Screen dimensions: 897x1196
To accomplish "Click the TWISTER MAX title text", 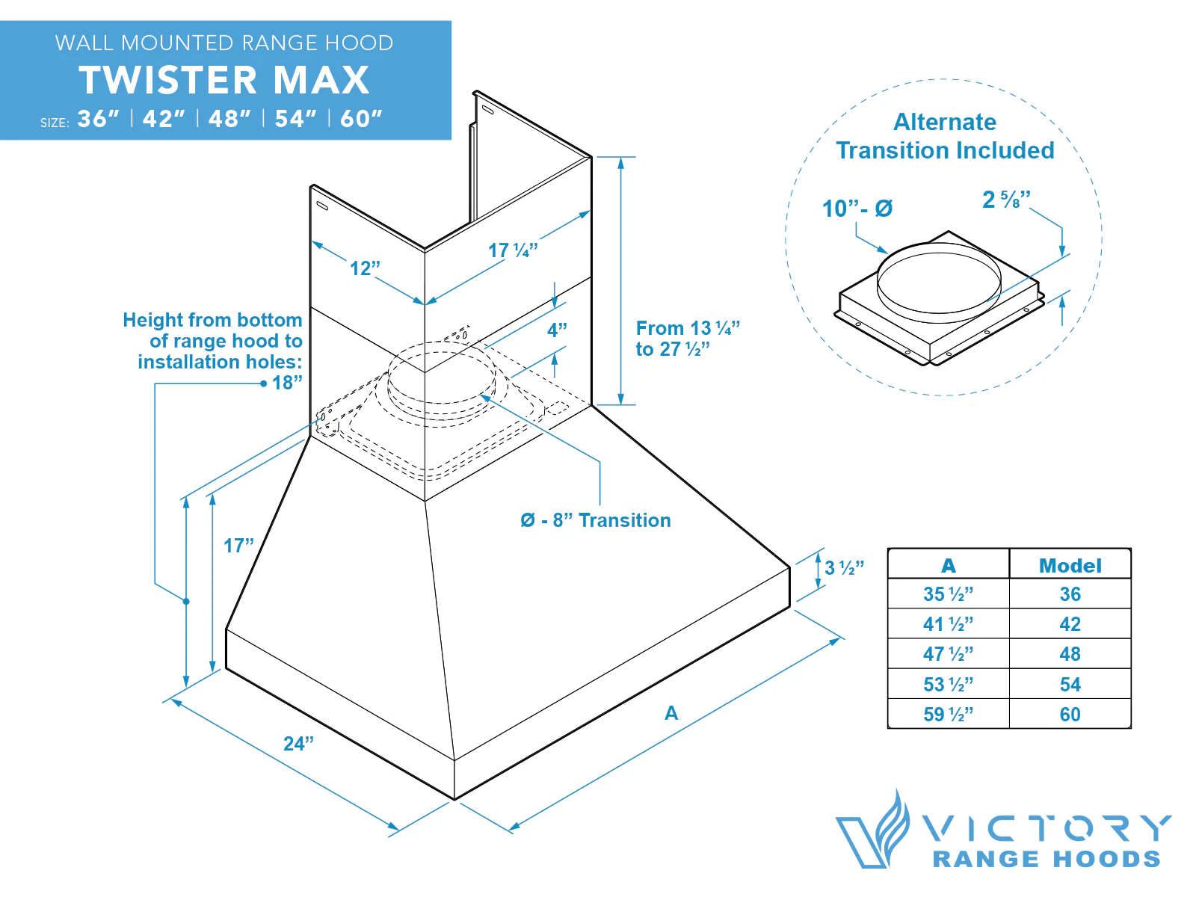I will (x=224, y=80).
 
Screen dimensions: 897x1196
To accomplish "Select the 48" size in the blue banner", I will (x=229, y=119).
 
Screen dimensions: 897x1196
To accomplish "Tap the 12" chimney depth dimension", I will (x=365, y=268).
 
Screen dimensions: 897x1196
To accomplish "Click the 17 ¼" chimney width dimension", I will (x=513, y=250).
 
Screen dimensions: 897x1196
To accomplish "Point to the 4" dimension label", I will (x=557, y=330).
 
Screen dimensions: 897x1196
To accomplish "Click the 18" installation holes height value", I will (x=287, y=383).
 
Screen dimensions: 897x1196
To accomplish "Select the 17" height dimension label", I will (x=238, y=546).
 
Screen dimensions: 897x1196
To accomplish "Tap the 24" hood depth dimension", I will (x=298, y=744).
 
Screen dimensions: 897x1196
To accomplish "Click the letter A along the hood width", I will (x=671, y=713).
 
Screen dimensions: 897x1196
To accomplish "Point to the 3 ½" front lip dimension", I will (x=844, y=567).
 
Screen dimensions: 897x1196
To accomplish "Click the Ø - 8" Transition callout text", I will (x=596, y=520).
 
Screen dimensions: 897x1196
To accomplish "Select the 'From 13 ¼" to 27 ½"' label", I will (x=686, y=339).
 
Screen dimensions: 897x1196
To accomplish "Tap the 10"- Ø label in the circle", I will (x=857, y=209).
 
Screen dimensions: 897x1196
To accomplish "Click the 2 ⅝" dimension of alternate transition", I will (x=1006, y=200).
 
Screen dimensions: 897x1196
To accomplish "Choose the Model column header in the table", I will (x=1070, y=565).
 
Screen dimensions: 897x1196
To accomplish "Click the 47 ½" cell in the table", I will (x=948, y=654).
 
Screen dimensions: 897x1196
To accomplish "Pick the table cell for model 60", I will (x=1070, y=715).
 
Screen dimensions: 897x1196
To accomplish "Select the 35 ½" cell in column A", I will (x=948, y=594).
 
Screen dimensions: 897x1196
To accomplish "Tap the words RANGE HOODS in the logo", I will (x=1046, y=859).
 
